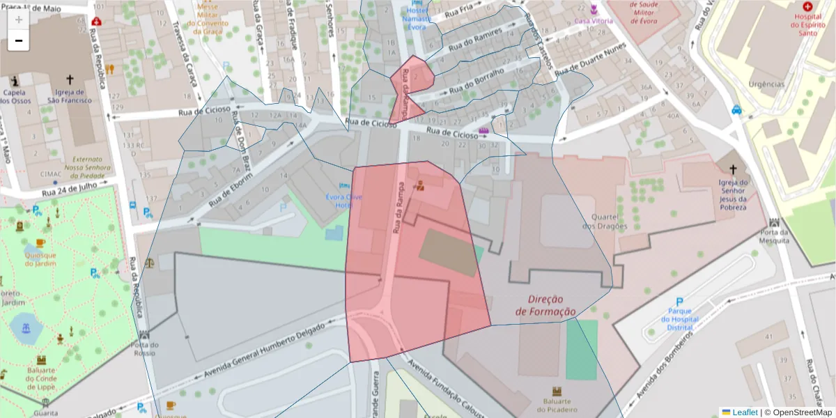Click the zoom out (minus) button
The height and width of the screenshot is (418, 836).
(x=18, y=41)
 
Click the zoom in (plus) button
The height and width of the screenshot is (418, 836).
(x=18, y=20)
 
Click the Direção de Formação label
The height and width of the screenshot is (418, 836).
(x=545, y=305)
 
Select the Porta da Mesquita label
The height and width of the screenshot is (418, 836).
(x=775, y=236)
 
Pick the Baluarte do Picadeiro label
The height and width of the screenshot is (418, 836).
(x=557, y=405)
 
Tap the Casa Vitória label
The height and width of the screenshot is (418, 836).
(x=594, y=21)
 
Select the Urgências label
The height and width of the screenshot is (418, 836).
(x=766, y=84)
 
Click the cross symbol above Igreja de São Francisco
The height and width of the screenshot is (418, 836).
(x=70, y=80)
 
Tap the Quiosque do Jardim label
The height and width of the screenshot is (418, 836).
(x=40, y=258)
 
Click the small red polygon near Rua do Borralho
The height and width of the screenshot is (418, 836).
(x=408, y=87)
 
